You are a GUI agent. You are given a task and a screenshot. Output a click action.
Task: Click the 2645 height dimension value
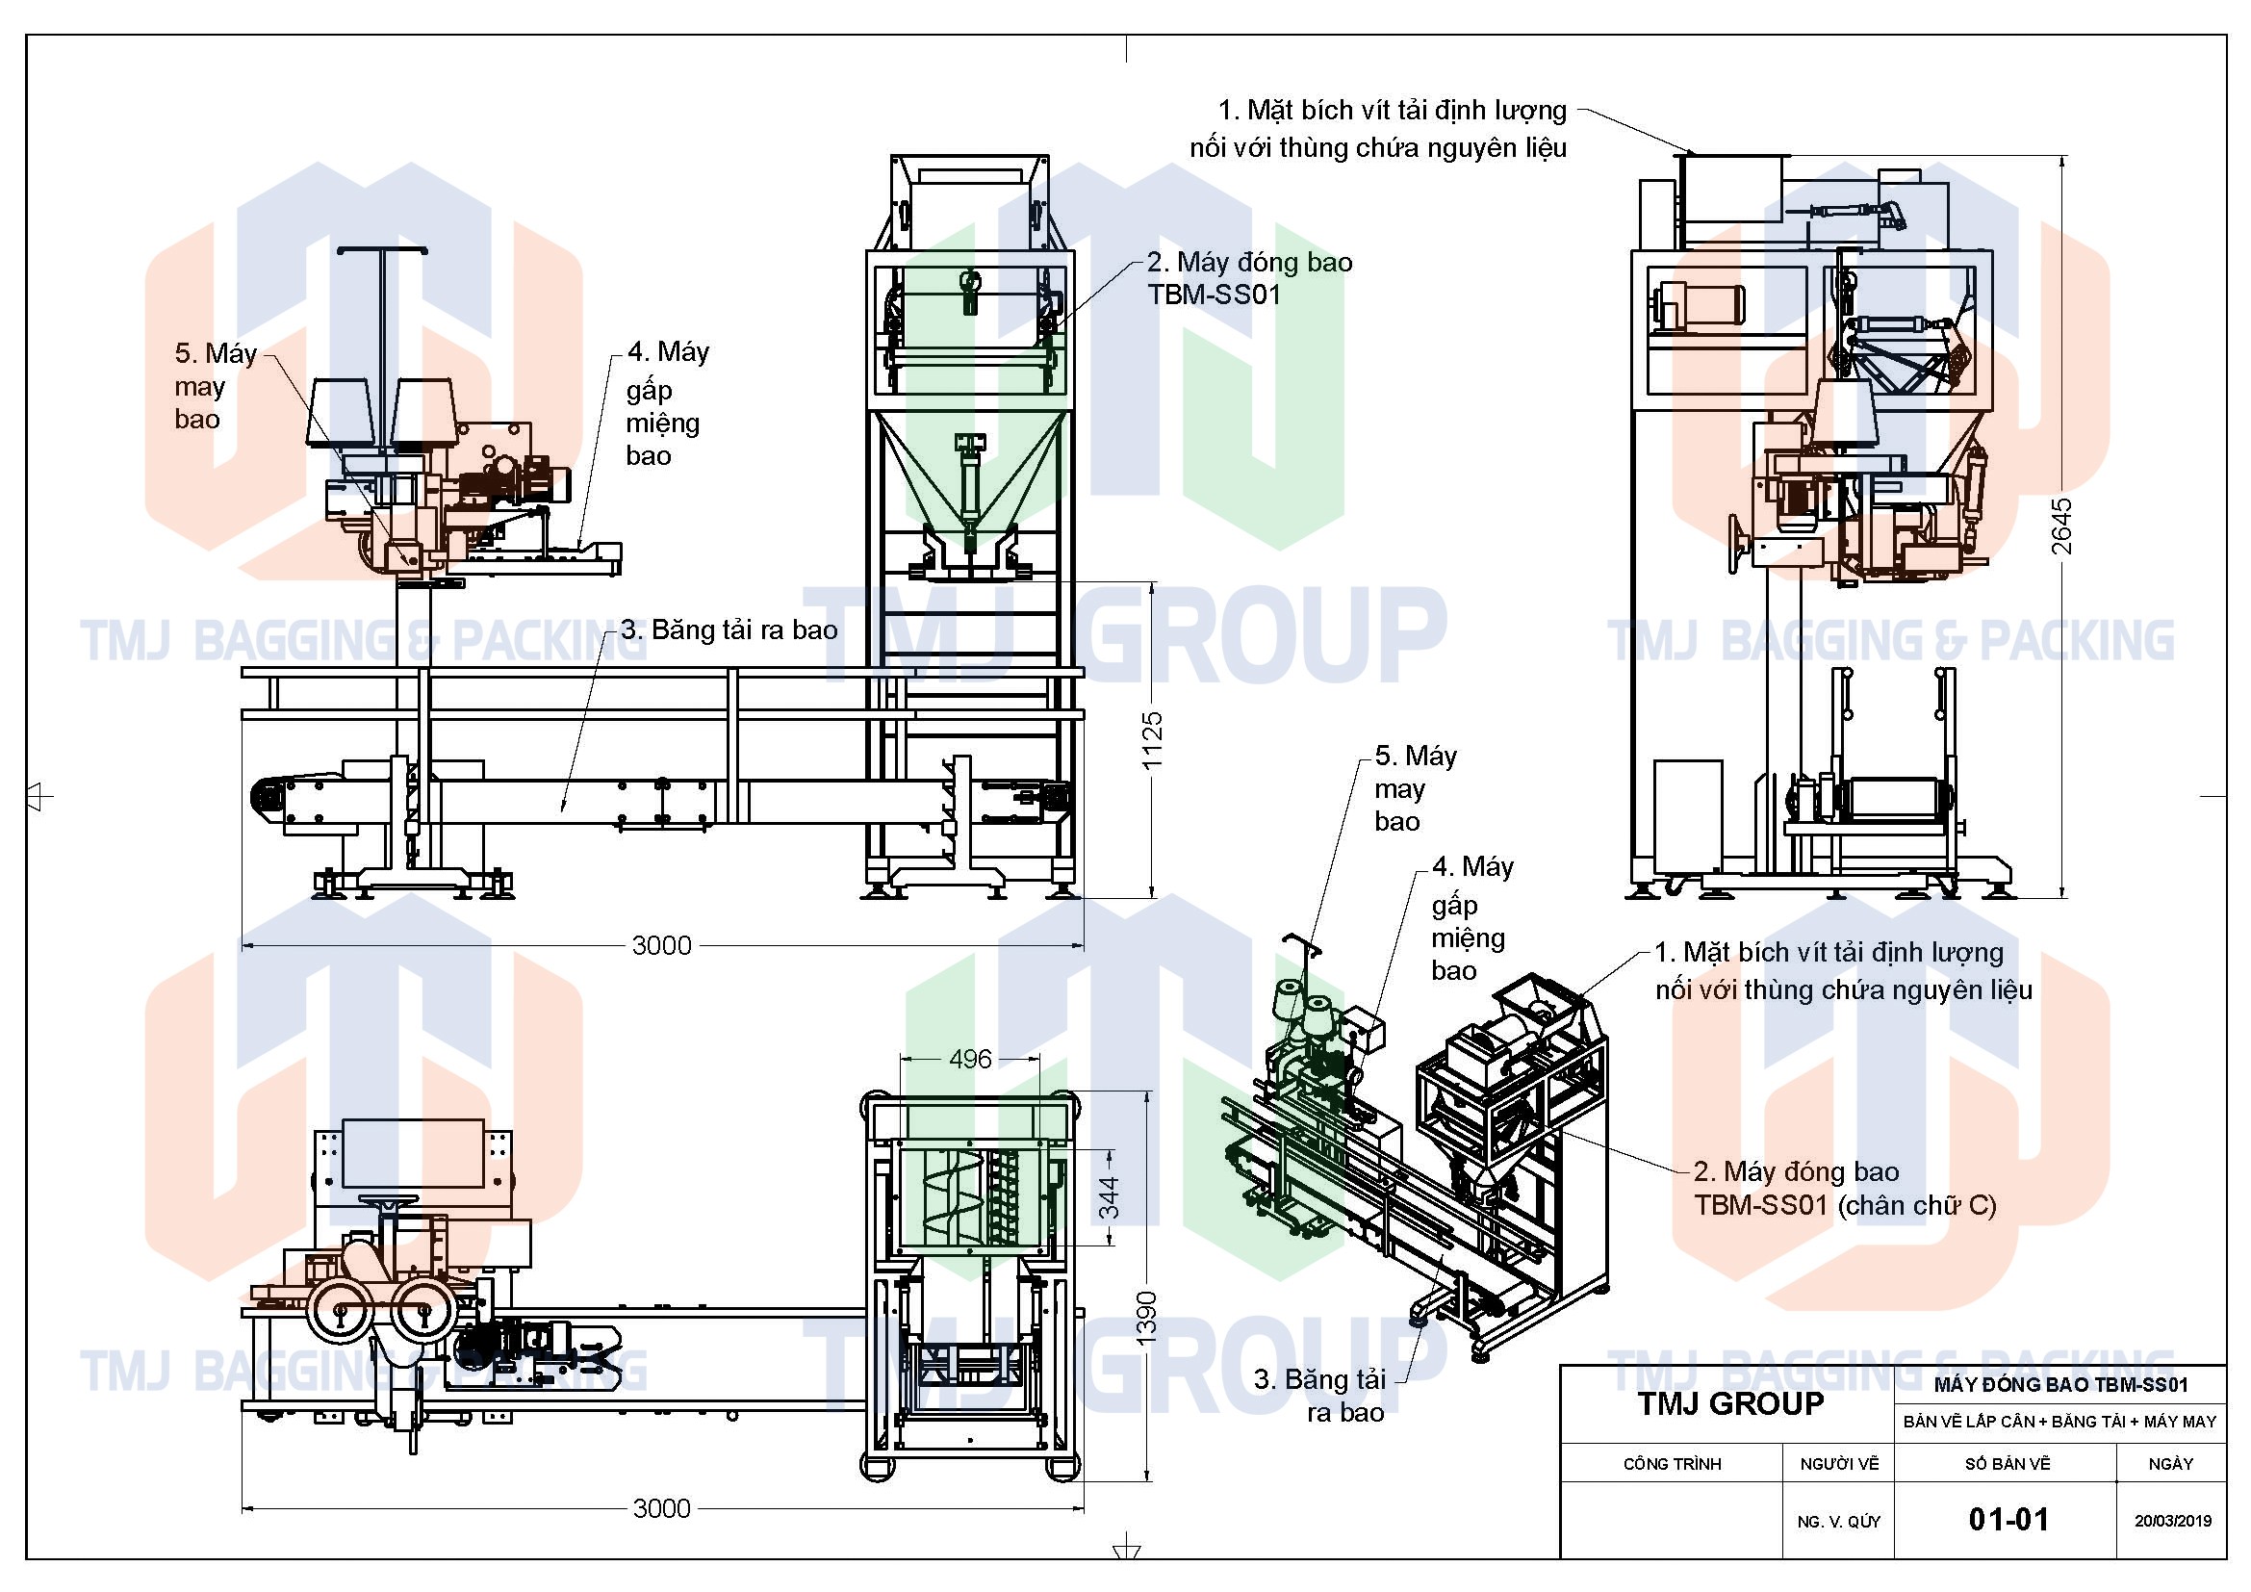(2061, 526)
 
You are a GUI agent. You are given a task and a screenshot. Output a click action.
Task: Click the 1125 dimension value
(1152, 739)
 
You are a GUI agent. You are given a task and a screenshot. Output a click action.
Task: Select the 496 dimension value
(970, 1059)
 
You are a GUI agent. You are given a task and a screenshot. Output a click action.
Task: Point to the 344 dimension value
(1109, 1198)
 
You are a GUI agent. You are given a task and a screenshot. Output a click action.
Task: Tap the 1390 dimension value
(1146, 1317)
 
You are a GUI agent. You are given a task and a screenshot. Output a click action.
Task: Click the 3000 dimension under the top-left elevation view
(662, 945)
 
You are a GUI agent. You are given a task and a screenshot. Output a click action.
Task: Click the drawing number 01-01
(2008, 1520)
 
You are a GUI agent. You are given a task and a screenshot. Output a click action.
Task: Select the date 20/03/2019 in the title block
(2173, 1522)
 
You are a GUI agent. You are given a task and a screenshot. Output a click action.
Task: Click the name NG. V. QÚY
(1838, 1522)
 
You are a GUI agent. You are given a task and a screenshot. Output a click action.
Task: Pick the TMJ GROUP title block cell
(1730, 1403)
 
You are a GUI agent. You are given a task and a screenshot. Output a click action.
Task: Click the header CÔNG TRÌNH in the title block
(1672, 1464)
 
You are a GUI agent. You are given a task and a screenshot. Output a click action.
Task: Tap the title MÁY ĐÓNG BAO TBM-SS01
(2060, 1385)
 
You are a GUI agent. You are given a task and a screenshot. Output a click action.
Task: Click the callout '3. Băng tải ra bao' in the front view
(729, 629)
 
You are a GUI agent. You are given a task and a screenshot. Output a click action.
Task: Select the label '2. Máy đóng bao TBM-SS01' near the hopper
(1249, 278)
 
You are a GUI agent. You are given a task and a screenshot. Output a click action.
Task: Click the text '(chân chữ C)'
(1917, 1205)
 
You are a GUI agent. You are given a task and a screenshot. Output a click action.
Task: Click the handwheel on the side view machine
(1738, 543)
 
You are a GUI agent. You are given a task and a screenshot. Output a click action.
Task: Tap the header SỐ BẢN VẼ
(2007, 1464)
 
